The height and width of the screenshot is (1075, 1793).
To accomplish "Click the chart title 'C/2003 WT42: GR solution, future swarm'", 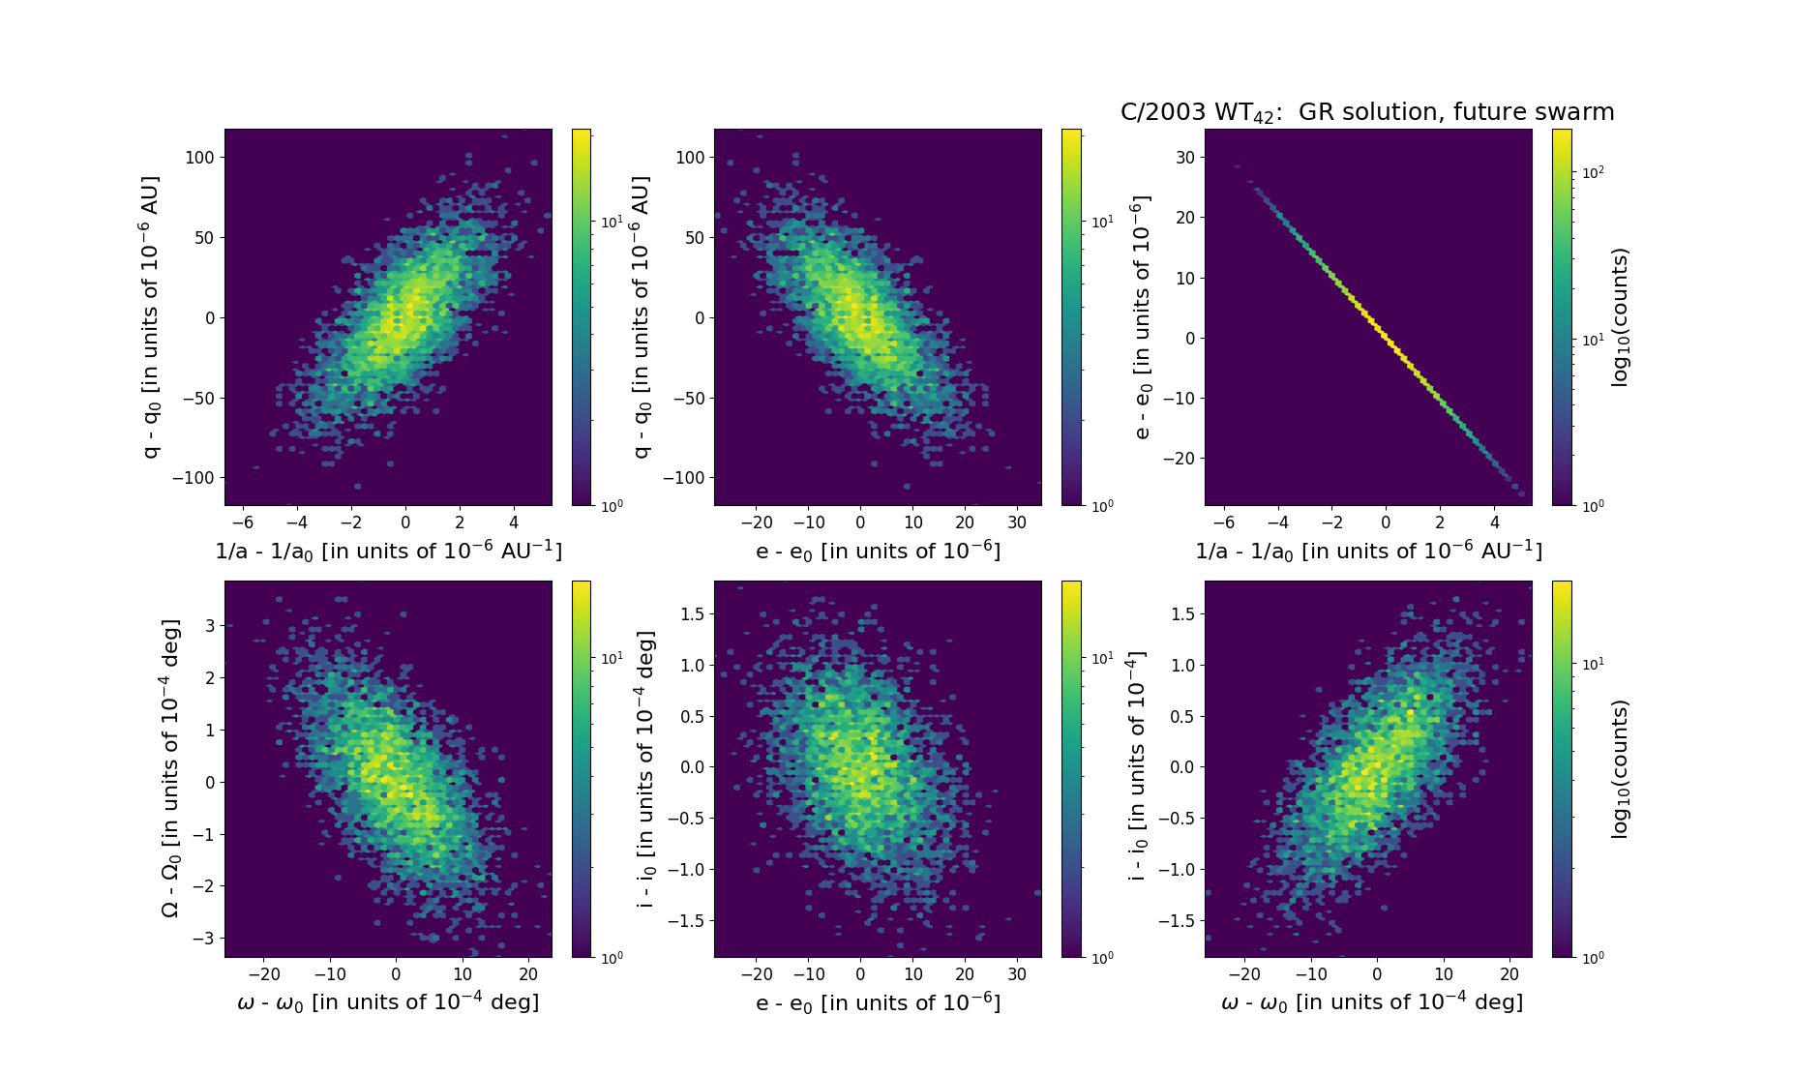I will [x=1366, y=112].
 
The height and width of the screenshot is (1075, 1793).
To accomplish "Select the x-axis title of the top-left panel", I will [x=388, y=551].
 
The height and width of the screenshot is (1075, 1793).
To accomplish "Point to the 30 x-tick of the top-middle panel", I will [x=1016, y=523].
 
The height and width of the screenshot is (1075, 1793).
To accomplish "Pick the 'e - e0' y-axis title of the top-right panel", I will [x=1143, y=317].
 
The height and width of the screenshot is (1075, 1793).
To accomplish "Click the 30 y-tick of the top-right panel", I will [x=1184, y=157].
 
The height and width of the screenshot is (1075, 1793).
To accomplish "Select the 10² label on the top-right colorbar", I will [x=1592, y=172].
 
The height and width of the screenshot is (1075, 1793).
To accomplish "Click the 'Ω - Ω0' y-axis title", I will [x=170, y=768].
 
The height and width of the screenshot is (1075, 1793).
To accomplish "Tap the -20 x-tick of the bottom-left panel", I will [x=264, y=974].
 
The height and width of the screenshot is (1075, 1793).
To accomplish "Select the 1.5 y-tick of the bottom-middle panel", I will [x=693, y=613].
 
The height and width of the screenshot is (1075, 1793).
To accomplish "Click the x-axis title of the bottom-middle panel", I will [x=878, y=1002].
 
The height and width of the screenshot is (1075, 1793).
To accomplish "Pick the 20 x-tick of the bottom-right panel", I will [x=1509, y=974].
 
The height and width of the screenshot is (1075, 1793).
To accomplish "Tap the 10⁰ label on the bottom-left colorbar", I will [x=612, y=958].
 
